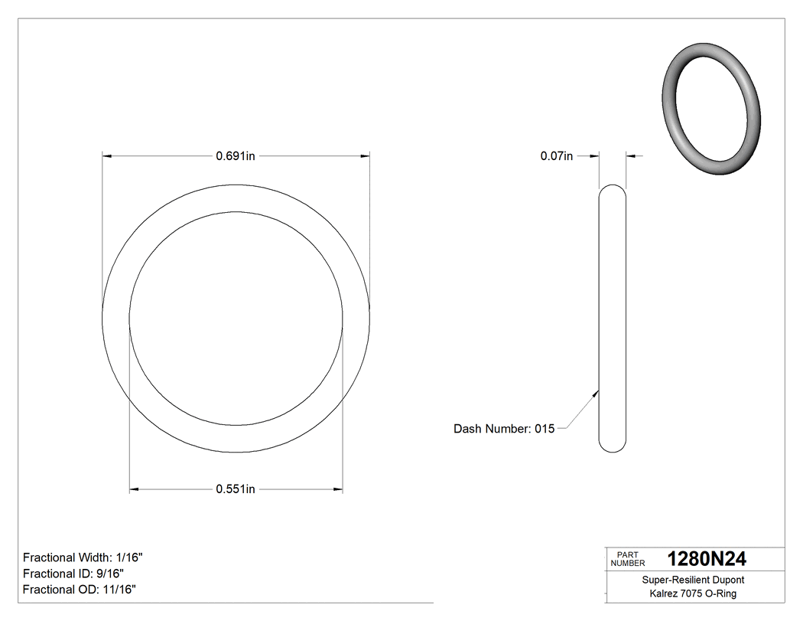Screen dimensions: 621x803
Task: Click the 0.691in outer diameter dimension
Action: click(236, 156)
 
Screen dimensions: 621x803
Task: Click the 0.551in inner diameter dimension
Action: click(236, 489)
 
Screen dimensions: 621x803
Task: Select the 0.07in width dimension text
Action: click(556, 156)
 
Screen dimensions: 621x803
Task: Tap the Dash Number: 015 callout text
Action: click(504, 429)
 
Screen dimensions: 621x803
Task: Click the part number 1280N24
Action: click(707, 559)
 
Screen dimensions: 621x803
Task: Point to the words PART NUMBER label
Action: click(628, 559)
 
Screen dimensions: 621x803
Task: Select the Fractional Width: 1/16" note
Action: click(83, 557)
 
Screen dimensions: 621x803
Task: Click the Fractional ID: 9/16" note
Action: click(73, 574)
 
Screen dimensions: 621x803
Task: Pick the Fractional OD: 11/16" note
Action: click(80, 590)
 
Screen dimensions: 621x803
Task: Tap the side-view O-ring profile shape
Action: click(612, 318)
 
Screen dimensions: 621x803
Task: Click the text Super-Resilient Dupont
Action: click(693, 580)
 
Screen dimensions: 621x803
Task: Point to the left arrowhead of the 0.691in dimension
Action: click(108, 156)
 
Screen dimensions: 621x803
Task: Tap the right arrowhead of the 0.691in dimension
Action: click(365, 156)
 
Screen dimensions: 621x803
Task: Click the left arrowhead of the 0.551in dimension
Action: click(135, 489)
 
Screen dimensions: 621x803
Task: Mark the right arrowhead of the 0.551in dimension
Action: click(337, 489)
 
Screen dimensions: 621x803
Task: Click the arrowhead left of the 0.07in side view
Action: click(593, 156)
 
